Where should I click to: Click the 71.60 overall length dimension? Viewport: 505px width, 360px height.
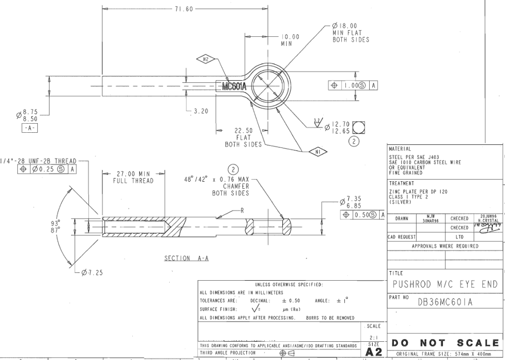(x=184, y=9)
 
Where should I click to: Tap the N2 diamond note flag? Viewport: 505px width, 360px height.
(x=206, y=60)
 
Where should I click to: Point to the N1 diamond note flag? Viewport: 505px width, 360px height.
(x=318, y=151)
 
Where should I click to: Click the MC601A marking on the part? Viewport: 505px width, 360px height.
(x=234, y=86)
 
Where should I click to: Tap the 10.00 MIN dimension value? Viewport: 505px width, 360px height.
(x=290, y=37)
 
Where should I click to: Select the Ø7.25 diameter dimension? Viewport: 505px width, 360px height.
(x=92, y=273)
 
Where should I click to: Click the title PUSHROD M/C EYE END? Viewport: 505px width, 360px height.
(x=445, y=284)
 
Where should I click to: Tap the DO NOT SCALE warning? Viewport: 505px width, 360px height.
(x=445, y=343)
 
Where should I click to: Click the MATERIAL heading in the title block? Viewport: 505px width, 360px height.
(x=401, y=149)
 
